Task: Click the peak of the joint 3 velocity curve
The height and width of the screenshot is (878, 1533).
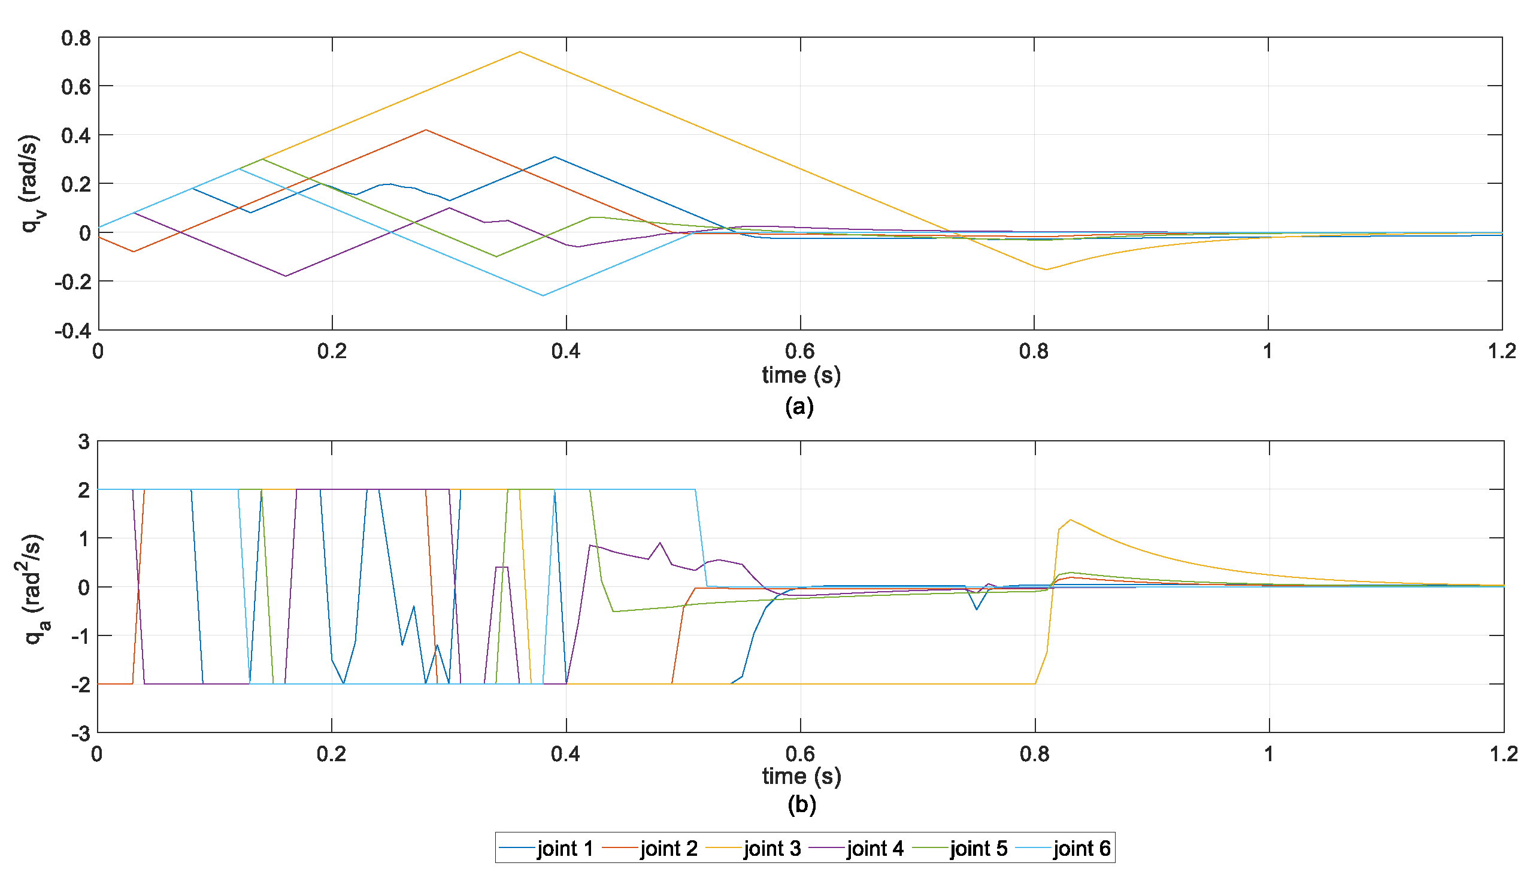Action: [520, 52]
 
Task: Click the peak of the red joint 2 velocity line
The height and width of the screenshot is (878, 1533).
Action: [426, 129]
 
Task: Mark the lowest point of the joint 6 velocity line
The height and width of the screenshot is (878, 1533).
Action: [543, 295]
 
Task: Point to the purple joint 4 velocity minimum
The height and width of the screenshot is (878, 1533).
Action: [286, 276]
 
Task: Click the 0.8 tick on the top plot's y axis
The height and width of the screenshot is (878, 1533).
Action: [76, 38]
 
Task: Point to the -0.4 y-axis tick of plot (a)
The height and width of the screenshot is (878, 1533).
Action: [72, 331]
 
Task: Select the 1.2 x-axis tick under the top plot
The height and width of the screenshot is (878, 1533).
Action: [1501, 351]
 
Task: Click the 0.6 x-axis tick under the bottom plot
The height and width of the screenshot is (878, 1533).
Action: [800, 754]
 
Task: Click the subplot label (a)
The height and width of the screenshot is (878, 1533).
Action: [799, 407]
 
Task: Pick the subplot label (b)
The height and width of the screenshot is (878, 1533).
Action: [801, 804]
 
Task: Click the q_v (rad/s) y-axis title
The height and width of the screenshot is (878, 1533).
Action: [30, 183]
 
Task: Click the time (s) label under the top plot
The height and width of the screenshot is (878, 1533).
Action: [801, 375]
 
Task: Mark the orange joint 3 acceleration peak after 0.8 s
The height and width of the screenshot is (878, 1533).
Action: [1070, 520]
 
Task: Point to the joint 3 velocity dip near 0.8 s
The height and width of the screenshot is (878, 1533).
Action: [1046, 270]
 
